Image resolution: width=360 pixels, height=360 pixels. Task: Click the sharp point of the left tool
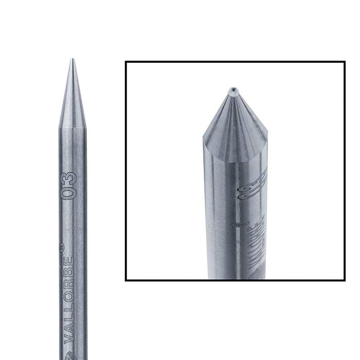pyautogui.click(x=71, y=60)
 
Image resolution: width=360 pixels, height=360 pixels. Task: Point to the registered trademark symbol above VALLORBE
pyautogui.click(x=62, y=247)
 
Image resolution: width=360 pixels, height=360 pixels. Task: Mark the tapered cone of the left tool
pyautogui.click(x=71, y=103)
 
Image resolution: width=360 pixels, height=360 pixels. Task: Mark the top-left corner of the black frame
pyautogui.click(x=127, y=62)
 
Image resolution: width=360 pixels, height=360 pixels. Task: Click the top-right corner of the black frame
pyautogui.click(x=344, y=62)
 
